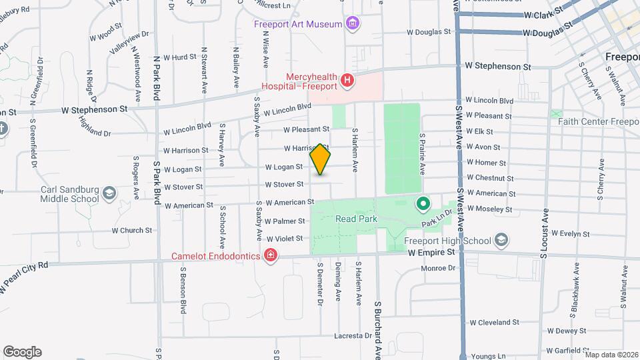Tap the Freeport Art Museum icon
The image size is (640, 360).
(353, 25)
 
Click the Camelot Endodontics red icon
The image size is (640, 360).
(270, 255)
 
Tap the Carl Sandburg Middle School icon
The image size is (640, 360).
(109, 194)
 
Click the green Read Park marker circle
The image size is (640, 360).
(422, 203)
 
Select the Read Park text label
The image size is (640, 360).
(357, 219)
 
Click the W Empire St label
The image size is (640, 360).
(431, 253)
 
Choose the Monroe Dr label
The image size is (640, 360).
(437, 268)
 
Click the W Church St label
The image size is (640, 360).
(132, 231)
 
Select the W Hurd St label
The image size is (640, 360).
(180, 57)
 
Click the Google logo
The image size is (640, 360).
(22, 352)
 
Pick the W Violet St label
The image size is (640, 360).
(285, 239)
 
